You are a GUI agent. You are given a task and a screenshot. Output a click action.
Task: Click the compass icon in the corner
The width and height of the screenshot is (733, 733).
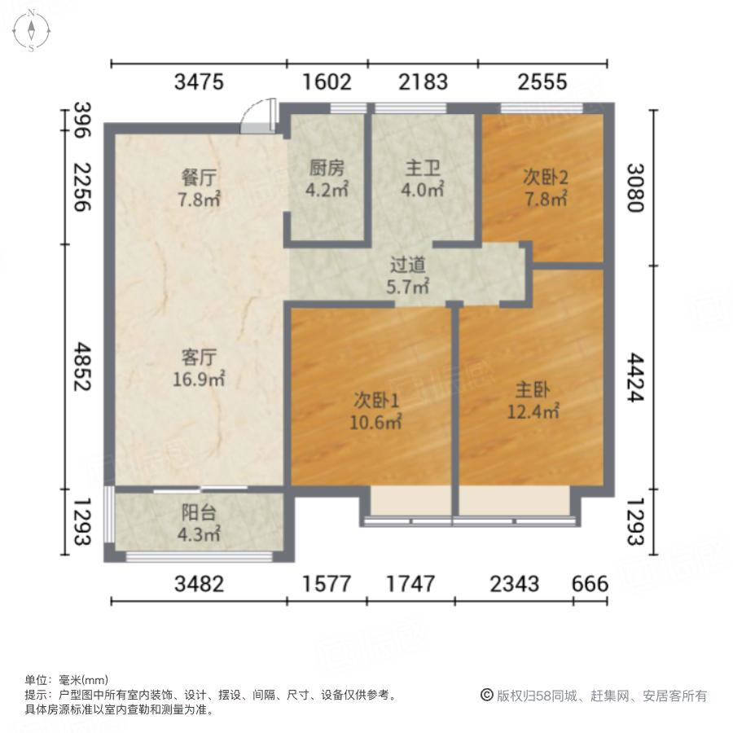point(31,31)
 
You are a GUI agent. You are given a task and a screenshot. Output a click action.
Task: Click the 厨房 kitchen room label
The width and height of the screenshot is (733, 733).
point(327,169)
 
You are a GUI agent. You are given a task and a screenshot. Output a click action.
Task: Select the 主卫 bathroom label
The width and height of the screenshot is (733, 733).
point(424,169)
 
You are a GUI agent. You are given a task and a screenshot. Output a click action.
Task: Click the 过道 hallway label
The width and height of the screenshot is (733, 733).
point(408,266)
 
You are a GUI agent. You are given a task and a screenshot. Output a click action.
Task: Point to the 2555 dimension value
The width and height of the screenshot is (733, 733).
point(543,81)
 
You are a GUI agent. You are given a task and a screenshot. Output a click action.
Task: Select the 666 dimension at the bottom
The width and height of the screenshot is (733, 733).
point(590,583)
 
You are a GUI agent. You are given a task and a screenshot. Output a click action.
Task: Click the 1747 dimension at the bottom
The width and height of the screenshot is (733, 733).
point(410,583)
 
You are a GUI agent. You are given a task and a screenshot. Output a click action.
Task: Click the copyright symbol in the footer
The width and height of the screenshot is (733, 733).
point(487,696)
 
